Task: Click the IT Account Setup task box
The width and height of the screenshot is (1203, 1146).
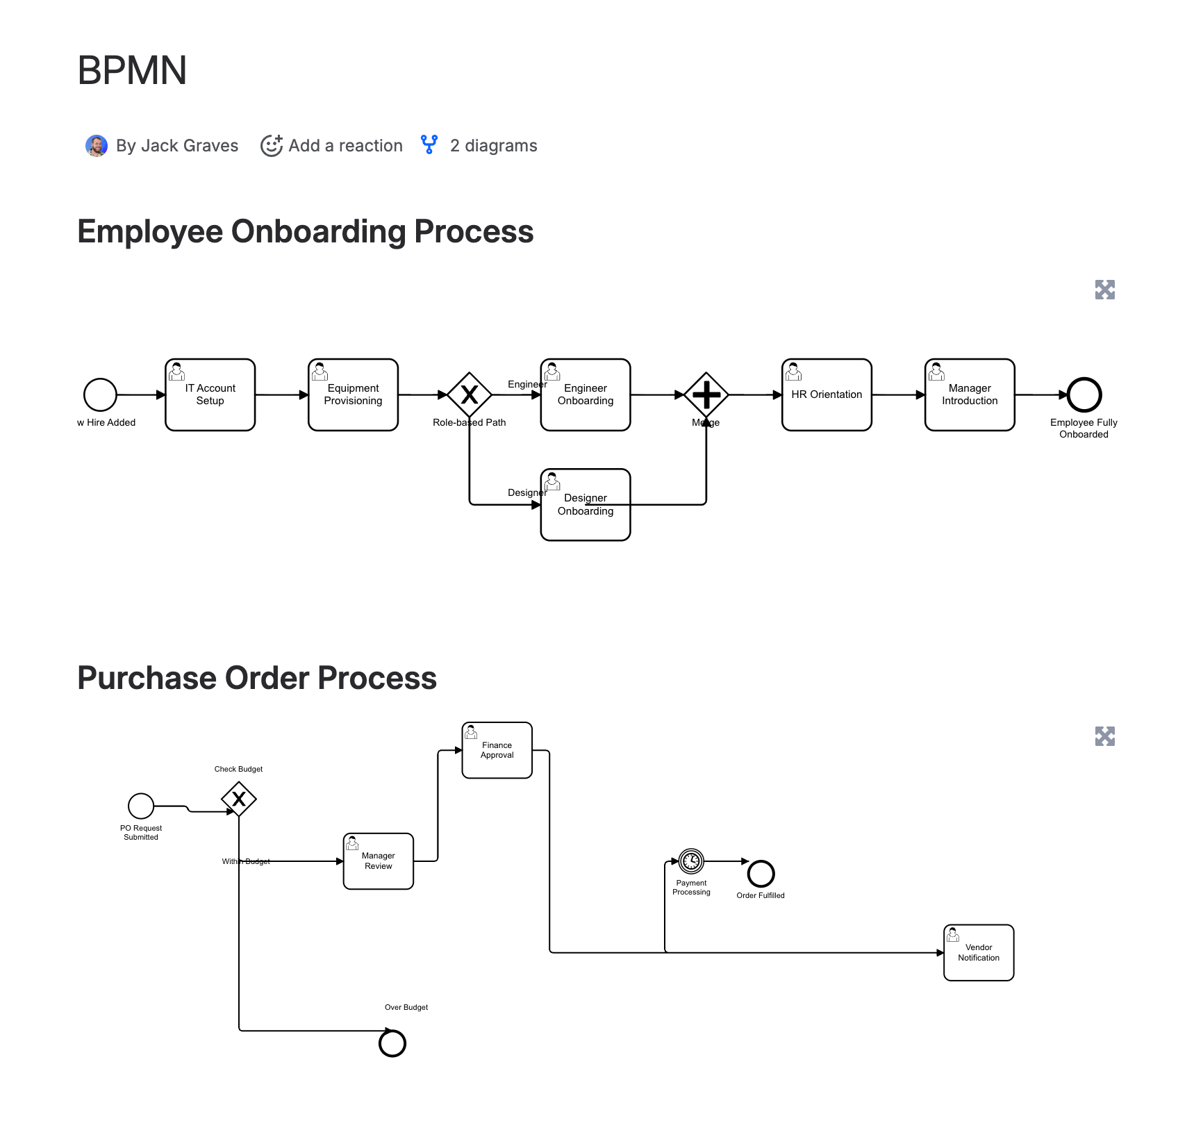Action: pos(210,395)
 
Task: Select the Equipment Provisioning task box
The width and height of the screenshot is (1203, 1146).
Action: pos(353,395)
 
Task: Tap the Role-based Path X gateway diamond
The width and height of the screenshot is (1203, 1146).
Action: pos(470,395)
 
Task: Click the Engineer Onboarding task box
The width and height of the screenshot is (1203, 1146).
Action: pos(586,395)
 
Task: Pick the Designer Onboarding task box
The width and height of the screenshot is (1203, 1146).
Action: pos(586,505)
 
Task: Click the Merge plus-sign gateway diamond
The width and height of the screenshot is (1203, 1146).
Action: pos(706,395)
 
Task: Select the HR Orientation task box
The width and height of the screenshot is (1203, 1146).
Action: pos(827,395)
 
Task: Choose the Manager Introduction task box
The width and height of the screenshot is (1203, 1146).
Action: pos(970,395)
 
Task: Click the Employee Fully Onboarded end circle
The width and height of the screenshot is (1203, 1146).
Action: pos(1084,395)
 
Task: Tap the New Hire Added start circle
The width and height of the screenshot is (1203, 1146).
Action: pos(100,395)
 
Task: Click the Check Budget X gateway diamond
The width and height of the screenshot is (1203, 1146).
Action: pos(239,799)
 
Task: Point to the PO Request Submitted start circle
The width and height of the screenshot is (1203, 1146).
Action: pos(141,806)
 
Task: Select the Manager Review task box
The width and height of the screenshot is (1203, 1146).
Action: pos(379,861)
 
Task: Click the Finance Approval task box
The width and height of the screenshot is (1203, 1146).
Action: pos(497,750)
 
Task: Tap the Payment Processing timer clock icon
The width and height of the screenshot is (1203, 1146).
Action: pos(691,861)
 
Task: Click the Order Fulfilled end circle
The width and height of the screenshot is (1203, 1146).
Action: pos(761,873)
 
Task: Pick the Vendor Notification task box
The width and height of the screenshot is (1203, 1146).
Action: pos(979,952)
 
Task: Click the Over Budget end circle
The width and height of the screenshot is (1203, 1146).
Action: pos(392,1043)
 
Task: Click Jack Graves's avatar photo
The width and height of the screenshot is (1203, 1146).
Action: pos(97,146)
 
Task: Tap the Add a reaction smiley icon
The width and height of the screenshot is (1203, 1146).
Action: pos(271,146)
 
